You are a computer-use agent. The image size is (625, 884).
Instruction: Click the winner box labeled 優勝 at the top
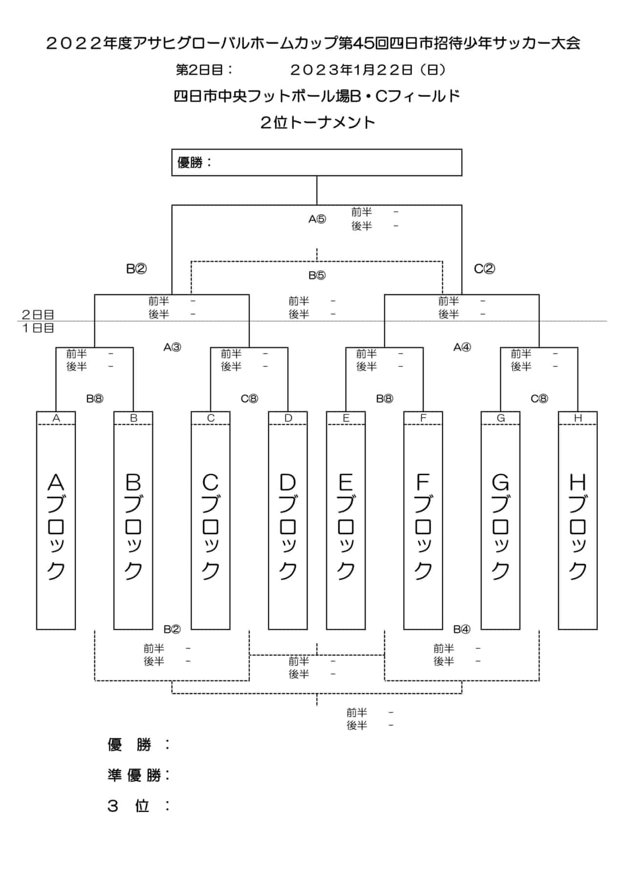pos(316,163)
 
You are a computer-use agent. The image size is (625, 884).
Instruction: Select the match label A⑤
pos(317,219)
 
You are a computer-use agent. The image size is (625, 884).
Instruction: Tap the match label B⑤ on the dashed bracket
pos(317,275)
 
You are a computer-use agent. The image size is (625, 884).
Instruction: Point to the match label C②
pos(484,268)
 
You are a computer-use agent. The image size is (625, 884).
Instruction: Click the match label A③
pos(172,348)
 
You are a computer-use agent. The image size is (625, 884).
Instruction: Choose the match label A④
pos(462,348)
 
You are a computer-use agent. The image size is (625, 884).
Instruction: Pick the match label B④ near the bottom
pos(462,629)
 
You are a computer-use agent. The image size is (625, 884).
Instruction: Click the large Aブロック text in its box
pos(56,526)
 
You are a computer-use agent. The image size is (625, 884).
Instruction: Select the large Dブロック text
pos(288,526)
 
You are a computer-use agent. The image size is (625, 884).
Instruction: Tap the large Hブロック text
pos(578,526)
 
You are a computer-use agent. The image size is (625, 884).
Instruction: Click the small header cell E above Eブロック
pos(346,418)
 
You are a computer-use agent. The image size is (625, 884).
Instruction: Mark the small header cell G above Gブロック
pos(500,418)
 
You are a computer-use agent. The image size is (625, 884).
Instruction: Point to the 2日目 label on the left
pos(38,314)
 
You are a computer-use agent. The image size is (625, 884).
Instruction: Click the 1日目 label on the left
pos(38,328)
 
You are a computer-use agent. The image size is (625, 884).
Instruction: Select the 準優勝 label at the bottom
pos(139,775)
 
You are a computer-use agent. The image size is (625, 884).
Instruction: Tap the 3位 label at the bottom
pos(139,806)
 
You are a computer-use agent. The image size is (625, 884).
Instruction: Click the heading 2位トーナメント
pos(318,122)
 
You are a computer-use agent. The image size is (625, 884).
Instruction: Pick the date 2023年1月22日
pos(352,70)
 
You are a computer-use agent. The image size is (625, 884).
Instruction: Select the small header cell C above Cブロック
pos(210,418)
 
